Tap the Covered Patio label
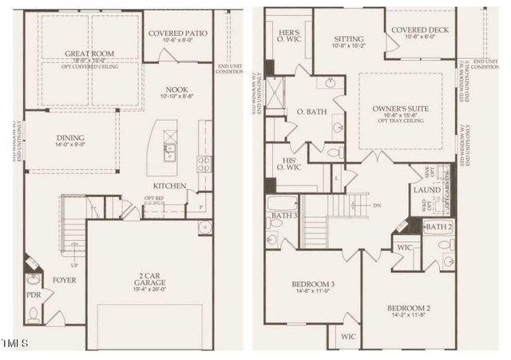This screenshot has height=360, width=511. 180,33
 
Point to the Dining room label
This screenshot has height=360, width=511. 70,137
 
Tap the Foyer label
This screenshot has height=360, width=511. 64,280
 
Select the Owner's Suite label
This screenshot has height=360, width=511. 401,108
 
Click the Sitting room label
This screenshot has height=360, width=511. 349,38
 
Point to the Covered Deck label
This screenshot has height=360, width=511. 424,30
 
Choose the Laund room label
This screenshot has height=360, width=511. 422,190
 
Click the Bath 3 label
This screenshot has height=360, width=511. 279,216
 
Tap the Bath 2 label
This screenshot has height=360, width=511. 437,227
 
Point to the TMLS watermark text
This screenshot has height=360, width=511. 15,344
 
